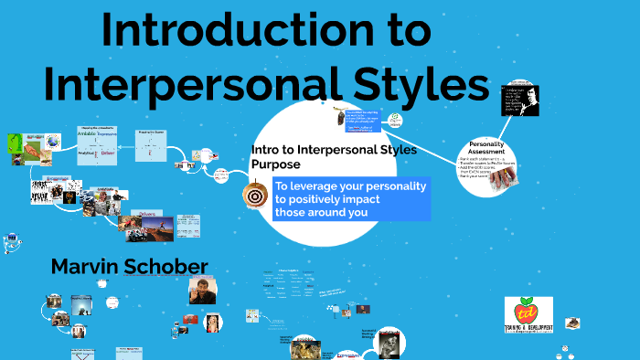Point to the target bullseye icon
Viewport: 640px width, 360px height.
click(x=255, y=195)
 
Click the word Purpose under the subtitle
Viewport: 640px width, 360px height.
click(x=275, y=164)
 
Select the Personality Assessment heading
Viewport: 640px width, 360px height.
click(x=494, y=149)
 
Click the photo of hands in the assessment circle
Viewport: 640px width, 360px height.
click(x=498, y=178)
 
